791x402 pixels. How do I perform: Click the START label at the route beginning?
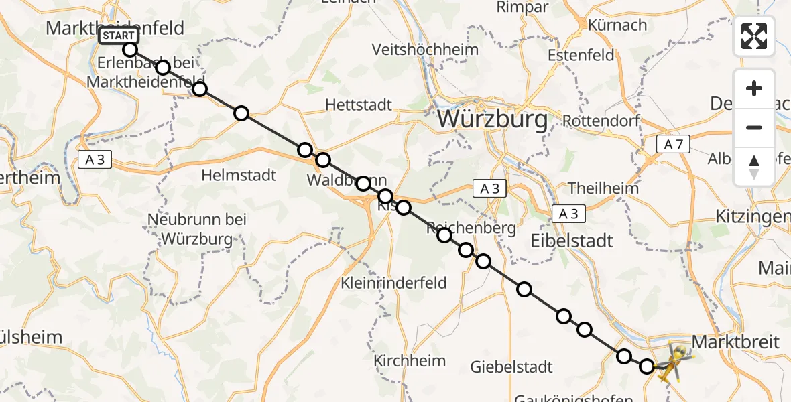pos(119,36)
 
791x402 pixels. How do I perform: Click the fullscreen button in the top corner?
pos(754,36)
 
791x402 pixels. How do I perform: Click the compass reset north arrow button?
pos(754,167)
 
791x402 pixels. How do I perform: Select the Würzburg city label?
pos(492,120)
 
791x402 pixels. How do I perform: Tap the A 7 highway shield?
pos(672,144)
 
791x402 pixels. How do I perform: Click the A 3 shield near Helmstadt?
pos(95,160)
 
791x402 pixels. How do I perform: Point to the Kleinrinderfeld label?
pos(393,283)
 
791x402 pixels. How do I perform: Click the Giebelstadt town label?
pos(511,366)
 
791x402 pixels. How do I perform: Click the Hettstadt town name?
pos(359,105)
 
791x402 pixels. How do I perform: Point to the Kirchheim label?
pos(410,361)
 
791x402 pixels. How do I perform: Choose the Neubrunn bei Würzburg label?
pos(197,228)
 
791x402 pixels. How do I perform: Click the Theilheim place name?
pos(603,188)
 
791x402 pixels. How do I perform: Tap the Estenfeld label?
pos(581,54)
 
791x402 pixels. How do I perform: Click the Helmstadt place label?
pos(239,176)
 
